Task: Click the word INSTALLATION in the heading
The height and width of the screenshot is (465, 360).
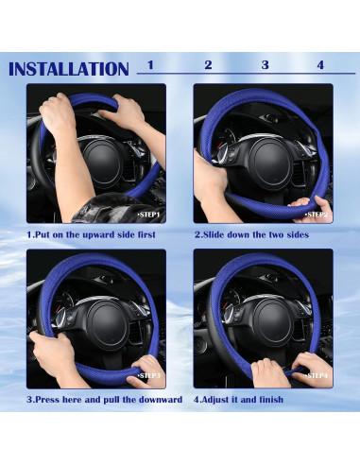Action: tap(68, 69)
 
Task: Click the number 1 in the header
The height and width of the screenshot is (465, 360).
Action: tap(150, 65)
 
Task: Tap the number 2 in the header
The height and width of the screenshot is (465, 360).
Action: tap(208, 65)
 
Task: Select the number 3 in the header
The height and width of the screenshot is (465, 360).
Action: tap(265, 65)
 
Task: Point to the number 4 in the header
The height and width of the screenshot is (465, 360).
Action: tap(320, 65)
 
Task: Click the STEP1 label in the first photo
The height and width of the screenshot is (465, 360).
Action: tap(149, 215)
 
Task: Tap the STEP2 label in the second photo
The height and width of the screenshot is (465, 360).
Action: tap(317, 215)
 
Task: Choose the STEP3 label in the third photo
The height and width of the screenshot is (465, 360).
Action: tap(149, 376)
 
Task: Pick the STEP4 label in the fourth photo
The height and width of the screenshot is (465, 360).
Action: tap(317, 376)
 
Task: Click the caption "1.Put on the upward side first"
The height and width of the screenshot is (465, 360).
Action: tap(91, 234)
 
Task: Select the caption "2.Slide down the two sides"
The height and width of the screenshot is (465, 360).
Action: tap(248, 234)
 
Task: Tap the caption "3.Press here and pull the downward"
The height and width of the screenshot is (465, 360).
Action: tap(104, 399)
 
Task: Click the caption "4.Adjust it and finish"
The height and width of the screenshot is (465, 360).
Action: tap(238, 399)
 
